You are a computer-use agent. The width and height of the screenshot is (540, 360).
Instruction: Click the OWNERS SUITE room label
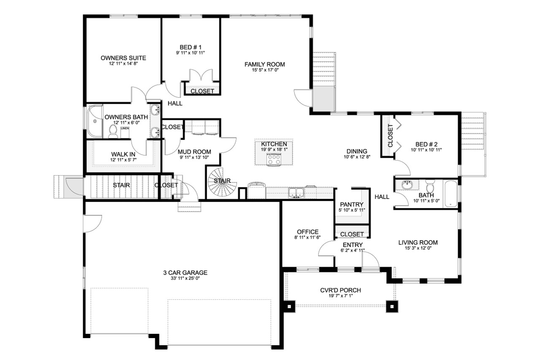[123, 58]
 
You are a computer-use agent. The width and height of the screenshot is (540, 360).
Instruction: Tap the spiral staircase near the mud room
[221, 182]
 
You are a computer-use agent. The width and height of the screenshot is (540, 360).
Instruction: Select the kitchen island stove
[274, 159]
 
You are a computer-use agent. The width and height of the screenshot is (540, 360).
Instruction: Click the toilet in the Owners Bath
[113, 132]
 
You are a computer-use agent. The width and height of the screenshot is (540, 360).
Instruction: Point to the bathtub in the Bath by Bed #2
[451, 193]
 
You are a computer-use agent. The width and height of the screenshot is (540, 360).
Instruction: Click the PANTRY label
[351, 204]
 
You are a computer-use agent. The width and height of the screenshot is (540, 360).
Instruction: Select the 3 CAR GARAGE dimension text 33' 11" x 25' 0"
[185, 279]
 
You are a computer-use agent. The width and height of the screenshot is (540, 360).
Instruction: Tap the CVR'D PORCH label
[340, 290]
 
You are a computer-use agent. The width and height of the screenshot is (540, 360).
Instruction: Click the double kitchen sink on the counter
[297, 193]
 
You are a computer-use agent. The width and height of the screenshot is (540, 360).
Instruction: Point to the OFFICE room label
[308, 232]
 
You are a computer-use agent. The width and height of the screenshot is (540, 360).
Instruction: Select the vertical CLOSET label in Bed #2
[390, 135]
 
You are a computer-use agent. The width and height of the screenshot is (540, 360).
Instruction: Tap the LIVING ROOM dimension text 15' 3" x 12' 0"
[418, 248]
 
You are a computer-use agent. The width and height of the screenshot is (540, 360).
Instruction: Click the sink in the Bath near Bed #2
[407, 185]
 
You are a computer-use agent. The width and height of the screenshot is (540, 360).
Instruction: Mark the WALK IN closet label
[123, 154]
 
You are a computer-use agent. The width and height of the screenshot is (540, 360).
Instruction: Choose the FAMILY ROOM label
[265, 64]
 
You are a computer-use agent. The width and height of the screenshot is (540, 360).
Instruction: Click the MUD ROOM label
[194, 152]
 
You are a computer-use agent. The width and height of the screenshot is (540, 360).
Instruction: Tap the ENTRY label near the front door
[352, 245]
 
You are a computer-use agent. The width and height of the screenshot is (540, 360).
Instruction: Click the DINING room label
[357, 151]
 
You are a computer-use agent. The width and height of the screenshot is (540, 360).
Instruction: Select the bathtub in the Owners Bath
[94, 121]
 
